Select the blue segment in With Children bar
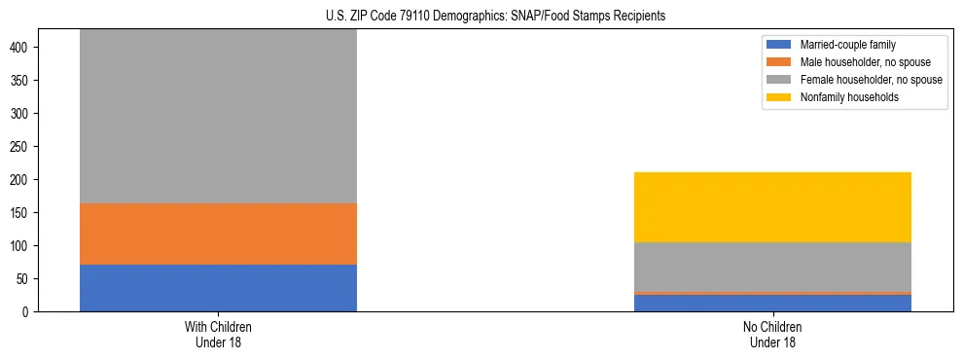coord(218,288)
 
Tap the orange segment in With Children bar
coord(218,234)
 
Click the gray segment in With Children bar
coord(218,117)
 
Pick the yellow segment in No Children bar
coord(772,207)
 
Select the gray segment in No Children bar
coord(772,267)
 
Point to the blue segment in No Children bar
coord(772,303)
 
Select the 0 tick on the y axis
coord(33,312)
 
